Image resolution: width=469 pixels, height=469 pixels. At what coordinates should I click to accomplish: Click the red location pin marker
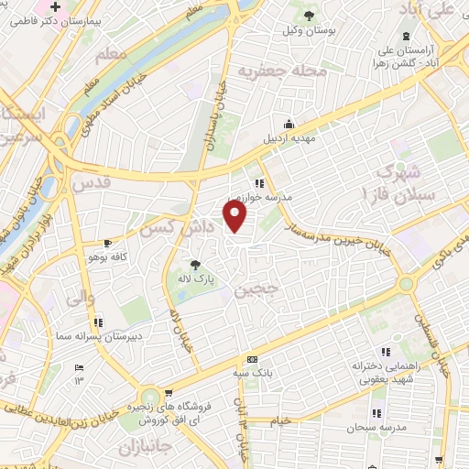click(236, 217)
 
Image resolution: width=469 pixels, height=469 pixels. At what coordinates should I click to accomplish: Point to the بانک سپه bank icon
click(252, 359)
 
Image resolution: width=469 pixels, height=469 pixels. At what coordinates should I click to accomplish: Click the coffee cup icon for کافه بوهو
click(109, 243)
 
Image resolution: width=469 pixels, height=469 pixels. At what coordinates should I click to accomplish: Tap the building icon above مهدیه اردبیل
click(289, 124)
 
